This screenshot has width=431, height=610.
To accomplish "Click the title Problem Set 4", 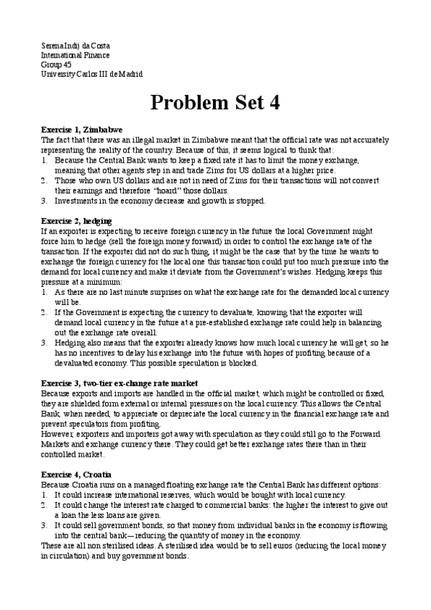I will coord(214,103).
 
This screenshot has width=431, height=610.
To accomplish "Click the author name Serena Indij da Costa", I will coord(76,46).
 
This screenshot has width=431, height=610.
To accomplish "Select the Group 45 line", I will coord(56,65).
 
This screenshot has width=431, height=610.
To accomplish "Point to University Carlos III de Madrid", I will coord(91,74).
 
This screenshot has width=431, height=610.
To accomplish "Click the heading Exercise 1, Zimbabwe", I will coord(81,129).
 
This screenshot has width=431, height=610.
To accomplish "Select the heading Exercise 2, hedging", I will coord(77,219).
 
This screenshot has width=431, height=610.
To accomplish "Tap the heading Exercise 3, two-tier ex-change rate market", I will coord(119,383).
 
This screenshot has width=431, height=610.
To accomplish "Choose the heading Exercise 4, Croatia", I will coord(76,475).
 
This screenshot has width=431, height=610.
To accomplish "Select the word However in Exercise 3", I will coord(58,435).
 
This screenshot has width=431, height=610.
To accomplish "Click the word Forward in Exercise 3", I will coord(373,435).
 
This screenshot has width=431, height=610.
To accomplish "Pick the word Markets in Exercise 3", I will coord(57,445).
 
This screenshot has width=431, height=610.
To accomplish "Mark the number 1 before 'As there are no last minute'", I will coord(44,293).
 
